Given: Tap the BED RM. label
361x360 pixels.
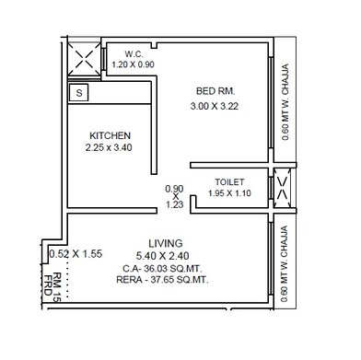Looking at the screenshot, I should pos(217,91).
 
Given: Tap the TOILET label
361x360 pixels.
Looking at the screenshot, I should pos(229,181).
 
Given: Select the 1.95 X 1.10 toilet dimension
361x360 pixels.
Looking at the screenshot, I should pos(229,194).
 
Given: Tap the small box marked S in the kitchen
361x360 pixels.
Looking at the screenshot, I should pos(79,92).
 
